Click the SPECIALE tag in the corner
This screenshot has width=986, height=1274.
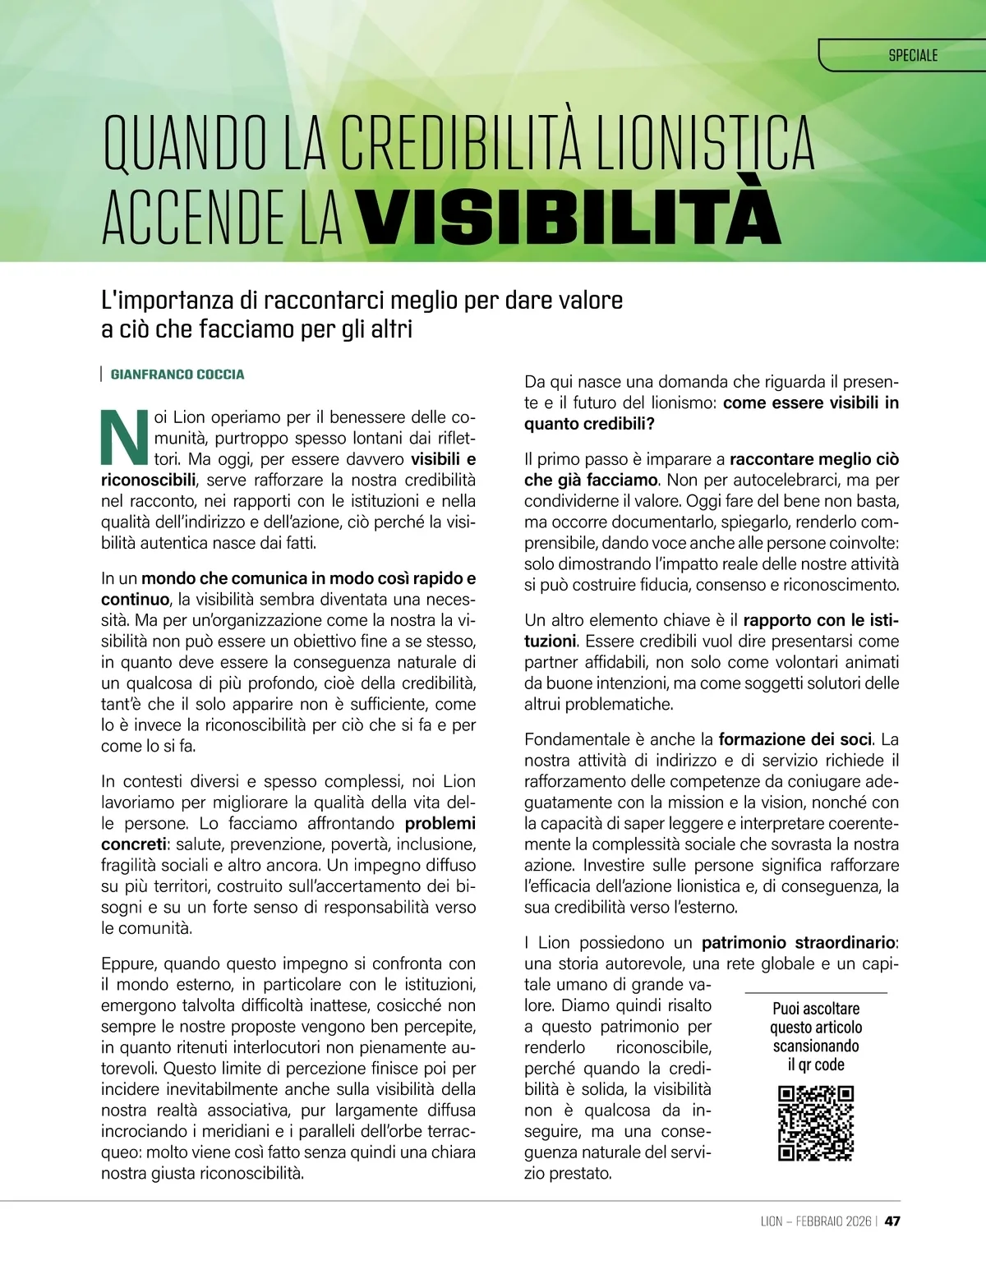click(x=912, y=56)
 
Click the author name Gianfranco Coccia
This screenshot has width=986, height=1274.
click(x=177, y=375)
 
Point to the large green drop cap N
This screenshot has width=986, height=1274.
click(x=122, y=435)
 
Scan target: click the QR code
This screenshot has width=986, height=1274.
click(x=815, y=1125)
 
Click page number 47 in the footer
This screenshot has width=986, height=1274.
click(x=892, y=1221)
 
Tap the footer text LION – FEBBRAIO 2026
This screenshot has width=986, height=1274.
click(x=815, y=1221)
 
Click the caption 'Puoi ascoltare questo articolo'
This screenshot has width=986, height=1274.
click(x=816, y=1018)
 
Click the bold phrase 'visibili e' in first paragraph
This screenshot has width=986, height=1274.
click(x=443, y=458)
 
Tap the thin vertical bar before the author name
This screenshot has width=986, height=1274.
click(x=100, y=375)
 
